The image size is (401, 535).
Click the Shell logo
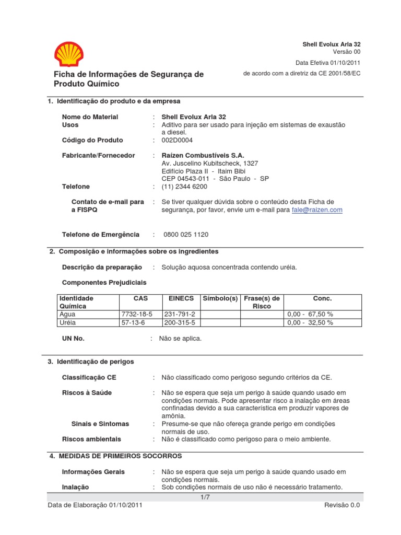[x=68, y=55]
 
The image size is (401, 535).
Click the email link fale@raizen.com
[x=317, y=210]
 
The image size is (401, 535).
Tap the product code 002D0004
[x=177, y=140]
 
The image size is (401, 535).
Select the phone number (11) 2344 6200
[x=184, y=187]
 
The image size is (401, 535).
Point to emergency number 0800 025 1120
[x=186, y=235]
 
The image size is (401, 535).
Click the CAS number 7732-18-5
[x=137, y=314]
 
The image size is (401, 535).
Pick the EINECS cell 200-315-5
[x=179, y=322]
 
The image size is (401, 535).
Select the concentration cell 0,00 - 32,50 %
[x=310, y=322]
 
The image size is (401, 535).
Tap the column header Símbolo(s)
[x=220, y=298]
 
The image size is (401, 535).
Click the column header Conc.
[x=322, y=298]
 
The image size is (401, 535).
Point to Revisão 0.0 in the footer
[x=342, y=505]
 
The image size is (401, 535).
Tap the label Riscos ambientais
[x=91, y=439]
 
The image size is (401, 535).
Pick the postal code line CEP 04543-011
[x=215, y=179]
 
